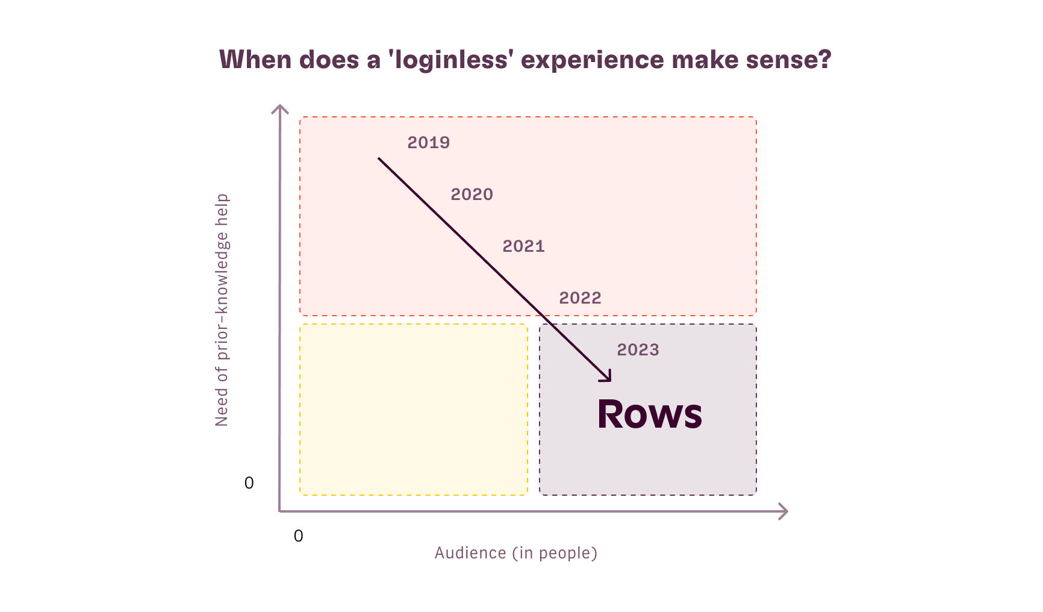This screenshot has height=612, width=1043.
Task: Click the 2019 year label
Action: (428, 143)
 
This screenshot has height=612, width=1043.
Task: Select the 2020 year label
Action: (472, 195)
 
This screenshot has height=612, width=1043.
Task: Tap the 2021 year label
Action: (523, 246)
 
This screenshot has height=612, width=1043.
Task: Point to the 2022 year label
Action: (580, 298)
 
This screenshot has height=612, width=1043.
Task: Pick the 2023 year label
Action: (638, 350)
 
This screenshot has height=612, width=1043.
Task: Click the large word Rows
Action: (649, 414)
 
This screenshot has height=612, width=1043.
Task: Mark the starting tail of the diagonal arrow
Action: (379, 158)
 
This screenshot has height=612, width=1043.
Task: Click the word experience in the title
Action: (592, 60)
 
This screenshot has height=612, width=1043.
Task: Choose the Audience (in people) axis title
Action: (515, 553)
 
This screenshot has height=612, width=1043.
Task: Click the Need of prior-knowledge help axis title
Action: (222, 310)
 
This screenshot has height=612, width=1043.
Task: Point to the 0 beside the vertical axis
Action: (249, 483)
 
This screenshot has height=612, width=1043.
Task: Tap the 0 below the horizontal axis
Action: (298, 536)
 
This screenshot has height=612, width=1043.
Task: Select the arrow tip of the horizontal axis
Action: (786, 511)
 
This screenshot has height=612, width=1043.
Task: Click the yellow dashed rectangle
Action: (414, 410)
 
